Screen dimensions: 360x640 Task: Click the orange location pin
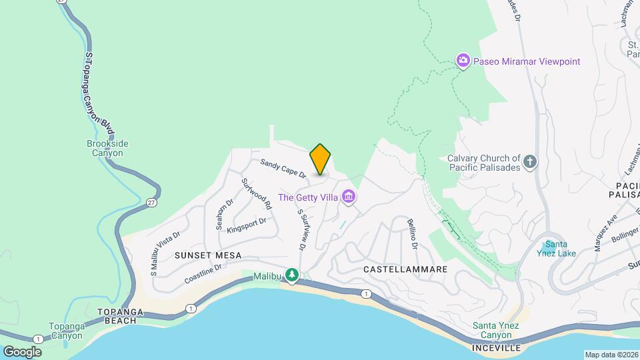320,159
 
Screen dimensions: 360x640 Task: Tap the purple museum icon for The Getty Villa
348,197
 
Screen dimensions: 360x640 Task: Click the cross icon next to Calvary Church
530,162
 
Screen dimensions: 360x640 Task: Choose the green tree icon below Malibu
291,274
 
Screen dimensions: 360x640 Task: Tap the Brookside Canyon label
107,148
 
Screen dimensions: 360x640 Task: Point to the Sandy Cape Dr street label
283,168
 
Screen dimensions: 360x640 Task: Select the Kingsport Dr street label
246,225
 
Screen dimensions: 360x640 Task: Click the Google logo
22,351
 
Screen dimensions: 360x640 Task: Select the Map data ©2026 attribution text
611,355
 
